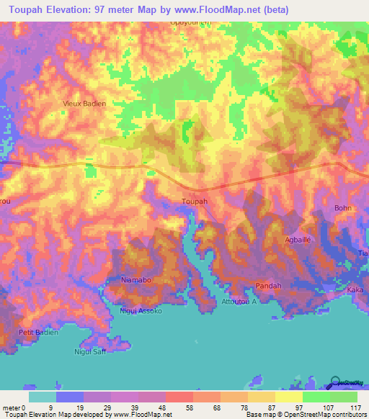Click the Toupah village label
coord(195,202)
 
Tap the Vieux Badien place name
coord(85,104)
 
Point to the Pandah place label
coord(269,286)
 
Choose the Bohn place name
coord(342,208)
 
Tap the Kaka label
coord(355,289)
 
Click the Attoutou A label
coord(239,302)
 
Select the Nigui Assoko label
coord(141,312)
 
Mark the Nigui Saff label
coord(91,351)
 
